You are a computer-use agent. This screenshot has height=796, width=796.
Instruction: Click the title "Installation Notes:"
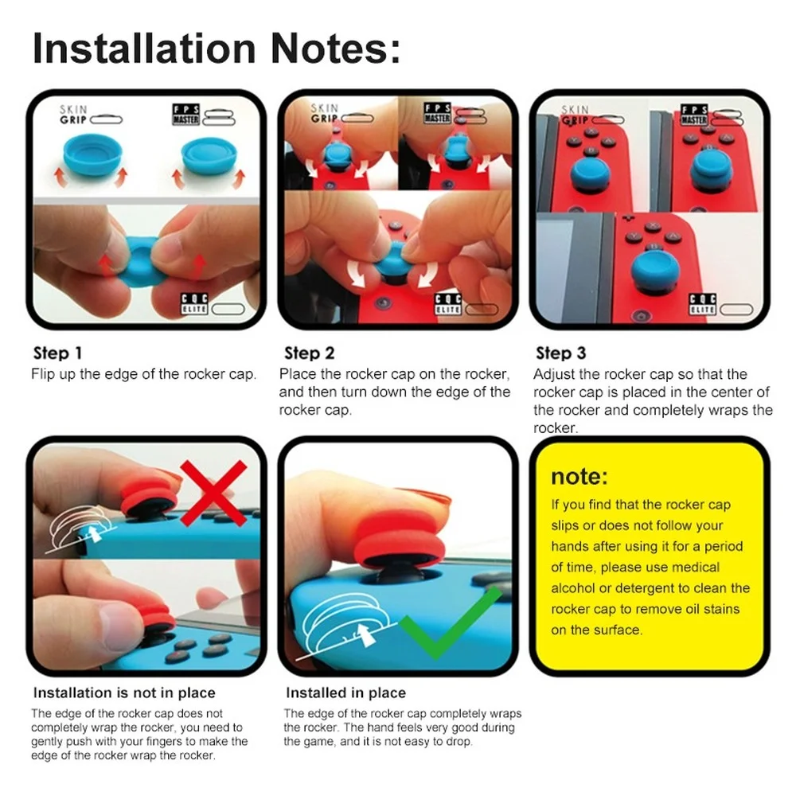pyautogui.click(x=217, y=49)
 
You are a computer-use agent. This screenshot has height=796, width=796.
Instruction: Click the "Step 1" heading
pyautogui.click(x=57, y=353)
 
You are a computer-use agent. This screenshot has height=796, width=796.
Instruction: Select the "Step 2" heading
pyautogui.click(x=309, y=353)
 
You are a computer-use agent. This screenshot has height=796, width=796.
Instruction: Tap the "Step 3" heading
pyautogui.click(x=561, y=353)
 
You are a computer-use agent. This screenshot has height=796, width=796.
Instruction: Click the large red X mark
pyautogui.click(x=213, y=493)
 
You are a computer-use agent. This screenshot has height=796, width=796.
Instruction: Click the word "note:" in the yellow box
pyautogui.click(x=579, y=476)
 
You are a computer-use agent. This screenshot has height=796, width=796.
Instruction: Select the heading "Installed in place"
pyautogui.click(x=345, y=693)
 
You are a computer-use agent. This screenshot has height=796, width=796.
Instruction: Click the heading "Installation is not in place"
pyautogui.click(x=124, y=693)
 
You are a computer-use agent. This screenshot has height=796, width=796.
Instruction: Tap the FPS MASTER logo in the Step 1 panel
pyautogui.click(x=185, y=114)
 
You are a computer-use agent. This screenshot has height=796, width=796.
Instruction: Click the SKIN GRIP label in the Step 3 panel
pyautogui.click(x=576, y=115)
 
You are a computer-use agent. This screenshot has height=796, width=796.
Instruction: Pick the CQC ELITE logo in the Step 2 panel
pyautogui.click(x=447, y=303)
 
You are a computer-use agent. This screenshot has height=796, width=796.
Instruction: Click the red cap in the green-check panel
pyautogui.click(x=401, y=538)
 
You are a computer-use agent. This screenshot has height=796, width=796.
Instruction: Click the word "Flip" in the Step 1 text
pyautogui.click(x=43, y=374)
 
